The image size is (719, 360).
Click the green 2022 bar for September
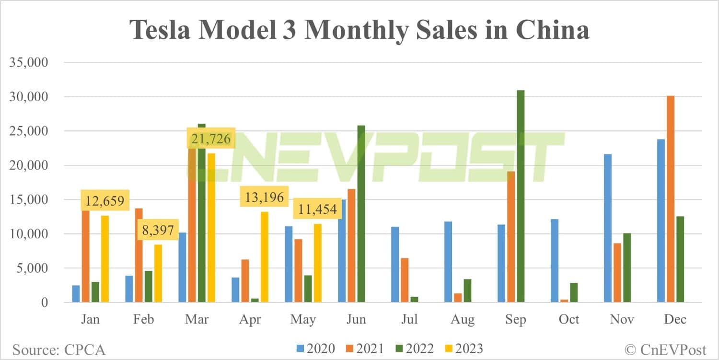coord(521,197)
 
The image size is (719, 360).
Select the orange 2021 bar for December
coord(671,199)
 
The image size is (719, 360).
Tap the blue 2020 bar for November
coord(608,228)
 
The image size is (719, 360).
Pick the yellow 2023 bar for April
coord(264,257)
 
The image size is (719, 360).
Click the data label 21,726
coord(211,139)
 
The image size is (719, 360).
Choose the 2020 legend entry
coord(315,348)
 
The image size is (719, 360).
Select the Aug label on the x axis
coord(463,319)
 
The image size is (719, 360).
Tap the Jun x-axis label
coord(356,319)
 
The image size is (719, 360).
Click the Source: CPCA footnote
coord(58,349)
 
